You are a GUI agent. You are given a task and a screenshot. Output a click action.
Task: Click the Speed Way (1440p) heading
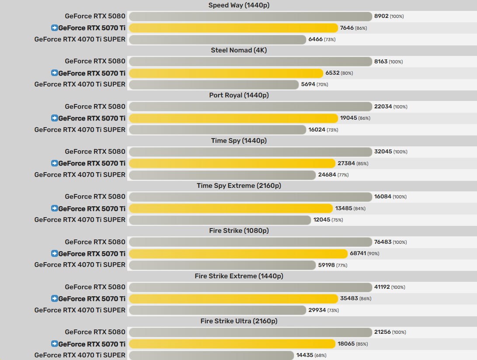pyautogui.click(x=238, y=5)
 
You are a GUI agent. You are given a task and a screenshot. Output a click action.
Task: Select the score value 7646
pyautogui.click(x=347, y=28)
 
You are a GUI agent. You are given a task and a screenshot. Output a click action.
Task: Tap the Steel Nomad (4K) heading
pyautogui.click(x=238, y=50)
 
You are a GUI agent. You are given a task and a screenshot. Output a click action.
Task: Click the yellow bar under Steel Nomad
pyautogui.click(x=226, y=73)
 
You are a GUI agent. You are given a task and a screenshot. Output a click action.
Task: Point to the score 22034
pyautogui.click(x=383, y=107)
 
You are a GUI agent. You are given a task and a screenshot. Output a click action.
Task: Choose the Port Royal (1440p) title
pyautogui.click(x=238, y=95)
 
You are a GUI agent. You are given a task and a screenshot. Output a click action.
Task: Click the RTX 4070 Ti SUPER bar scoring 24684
pyautogui.click(x=222, y=175)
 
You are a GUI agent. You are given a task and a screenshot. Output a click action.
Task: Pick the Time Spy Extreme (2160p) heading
pyautogui.click(x=238, y=186)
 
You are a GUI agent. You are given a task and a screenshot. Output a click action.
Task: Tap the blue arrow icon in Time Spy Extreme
pyautogui.click(x=54, y=208)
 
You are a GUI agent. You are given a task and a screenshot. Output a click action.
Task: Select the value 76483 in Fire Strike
pyautogui.click(x=383, y=242)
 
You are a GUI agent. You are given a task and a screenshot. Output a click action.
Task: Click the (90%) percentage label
pyautogui.click(x=373, y=254)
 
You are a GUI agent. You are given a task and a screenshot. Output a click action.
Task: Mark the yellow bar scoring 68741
pyautogui.click(x=238, y=253)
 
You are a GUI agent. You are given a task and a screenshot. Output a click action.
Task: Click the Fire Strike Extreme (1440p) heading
pyautogui.click(x=238, y=276)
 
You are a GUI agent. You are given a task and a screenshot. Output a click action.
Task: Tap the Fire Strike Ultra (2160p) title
pyautogui.click(x=238, y=321)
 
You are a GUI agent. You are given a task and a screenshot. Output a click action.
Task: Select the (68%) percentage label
pyautogui.click(x=320, y=356)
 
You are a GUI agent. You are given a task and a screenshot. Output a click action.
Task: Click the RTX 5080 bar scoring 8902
pyautogui.click(x=251, y=17)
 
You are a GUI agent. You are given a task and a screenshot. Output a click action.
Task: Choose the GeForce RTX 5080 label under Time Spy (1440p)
pyautogui.click(x=95, y=152)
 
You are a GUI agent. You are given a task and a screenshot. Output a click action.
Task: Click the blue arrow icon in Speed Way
pyautogui.click(x=54, y=28)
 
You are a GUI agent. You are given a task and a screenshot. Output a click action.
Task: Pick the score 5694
pyautogui.click(x=308, y=84)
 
